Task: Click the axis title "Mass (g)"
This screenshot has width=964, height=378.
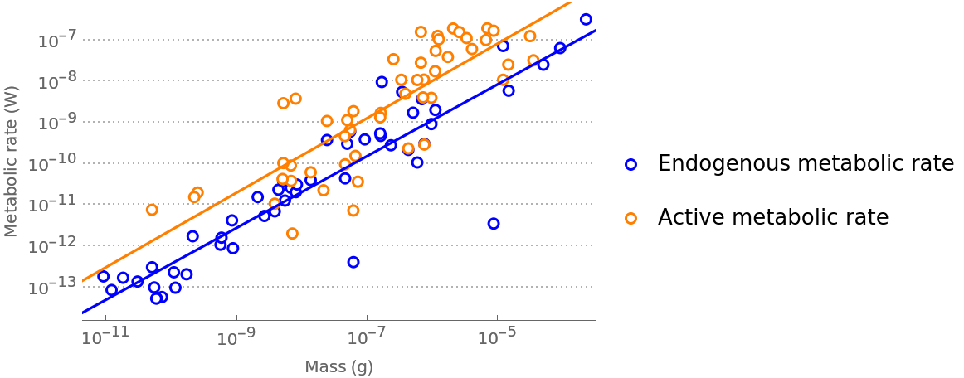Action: tap(338, 366)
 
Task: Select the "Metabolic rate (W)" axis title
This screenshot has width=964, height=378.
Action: tap(11, 162)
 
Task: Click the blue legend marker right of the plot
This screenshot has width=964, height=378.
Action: tap(630, 164)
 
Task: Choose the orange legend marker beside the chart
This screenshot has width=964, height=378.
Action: tap(630, 218)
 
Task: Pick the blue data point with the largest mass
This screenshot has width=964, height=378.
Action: tap(586, 19)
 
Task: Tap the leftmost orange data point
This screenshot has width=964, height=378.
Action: tap(152, 210)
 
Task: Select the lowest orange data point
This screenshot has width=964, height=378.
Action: tap(292, 233)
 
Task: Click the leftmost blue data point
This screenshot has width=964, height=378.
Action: tap(104, 276)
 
